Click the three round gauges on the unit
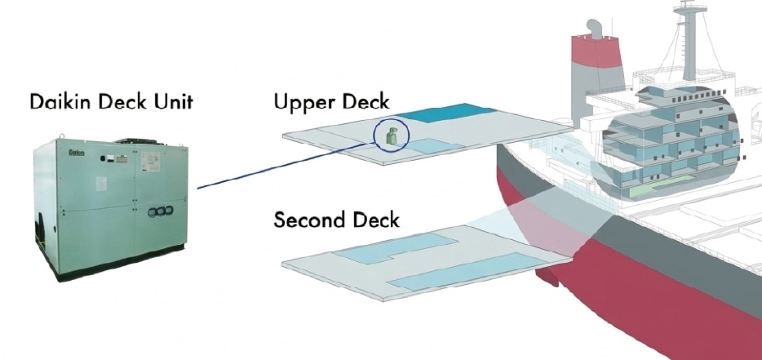coord(157,211)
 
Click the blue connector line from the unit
coord(269,168)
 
